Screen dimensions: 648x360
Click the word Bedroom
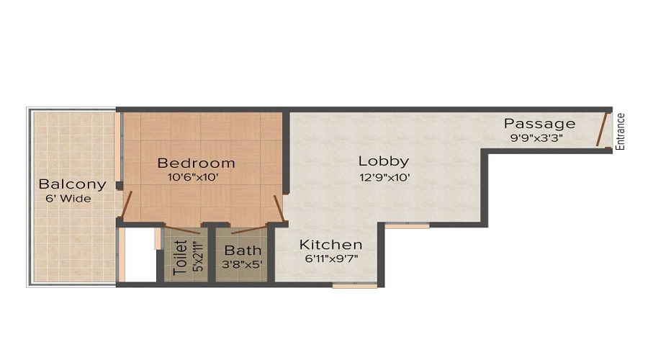[x=197, y=163]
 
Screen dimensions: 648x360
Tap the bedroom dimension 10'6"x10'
[x=193, y=178]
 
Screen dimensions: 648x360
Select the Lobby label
[x=384, y=161]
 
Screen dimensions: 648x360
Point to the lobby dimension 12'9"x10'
[x=384, y=178]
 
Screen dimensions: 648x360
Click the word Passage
[x=540, y=124]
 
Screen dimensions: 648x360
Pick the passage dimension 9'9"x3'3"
[x=536, y=138]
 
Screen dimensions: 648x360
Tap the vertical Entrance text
[x=620, y=132]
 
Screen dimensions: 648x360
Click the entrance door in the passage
[x=603, y=129]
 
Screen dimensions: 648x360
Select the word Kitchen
[x=330, y=245]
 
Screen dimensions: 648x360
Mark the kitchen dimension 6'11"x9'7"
[x=331, y=259]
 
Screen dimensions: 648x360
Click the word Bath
[x=243, y=250]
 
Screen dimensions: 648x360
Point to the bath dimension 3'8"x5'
[x=242, y=264]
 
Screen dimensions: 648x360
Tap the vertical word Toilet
[x=180, y=258]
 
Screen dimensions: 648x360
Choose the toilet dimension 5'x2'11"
[x=199, y=257]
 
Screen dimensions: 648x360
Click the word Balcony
[x=72, y=184]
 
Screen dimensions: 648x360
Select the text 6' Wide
[x=68, y=199]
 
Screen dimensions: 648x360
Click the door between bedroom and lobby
[x=279, y=209]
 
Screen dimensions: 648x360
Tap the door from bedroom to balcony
[x=126, y=204]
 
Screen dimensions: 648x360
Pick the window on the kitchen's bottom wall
[x=355, y=285]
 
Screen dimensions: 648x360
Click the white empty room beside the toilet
[x=140, y=255]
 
